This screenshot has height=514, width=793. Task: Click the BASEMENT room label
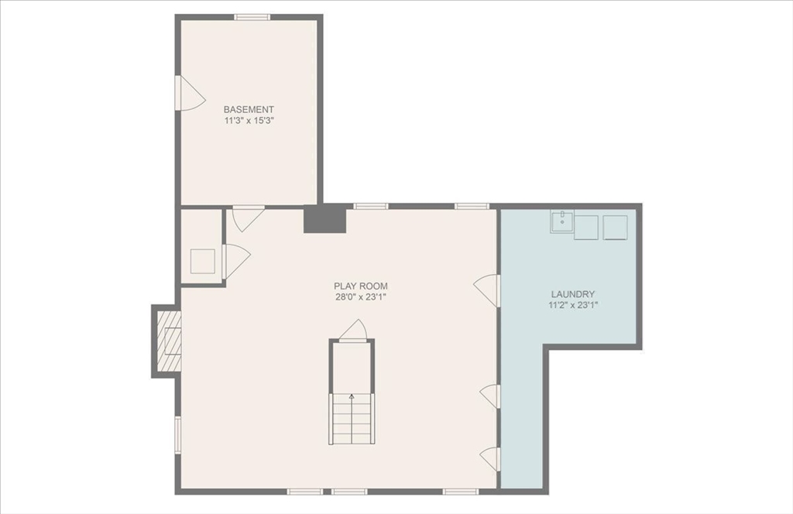coord(249,110)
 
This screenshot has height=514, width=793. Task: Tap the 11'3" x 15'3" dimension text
coord(249,122)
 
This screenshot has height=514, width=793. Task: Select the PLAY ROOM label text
coord(361,286)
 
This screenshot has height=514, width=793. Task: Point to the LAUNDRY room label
coord(572,294)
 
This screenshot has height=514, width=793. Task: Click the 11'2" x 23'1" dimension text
coord(572,306)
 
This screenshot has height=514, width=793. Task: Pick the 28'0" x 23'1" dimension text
coord(361,297)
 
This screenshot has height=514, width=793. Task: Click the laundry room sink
coord(562,222)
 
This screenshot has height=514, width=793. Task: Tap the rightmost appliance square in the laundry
coord(616,228)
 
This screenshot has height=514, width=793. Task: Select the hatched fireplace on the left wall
coord(169,341)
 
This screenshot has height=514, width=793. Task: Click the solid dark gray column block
coord(324,219)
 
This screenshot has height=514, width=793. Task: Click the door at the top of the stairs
coord(353,330)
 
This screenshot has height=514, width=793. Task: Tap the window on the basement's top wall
coord(252,17)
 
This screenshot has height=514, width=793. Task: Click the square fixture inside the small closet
coord(203,261)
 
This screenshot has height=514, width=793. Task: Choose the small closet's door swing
coord(235,260)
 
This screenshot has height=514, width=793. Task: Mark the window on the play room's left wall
coord(177,435)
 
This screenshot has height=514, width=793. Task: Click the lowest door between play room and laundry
coord(490,458)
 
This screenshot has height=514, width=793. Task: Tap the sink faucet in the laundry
coord(562,220)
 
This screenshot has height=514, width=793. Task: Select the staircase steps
coord(352,419)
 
